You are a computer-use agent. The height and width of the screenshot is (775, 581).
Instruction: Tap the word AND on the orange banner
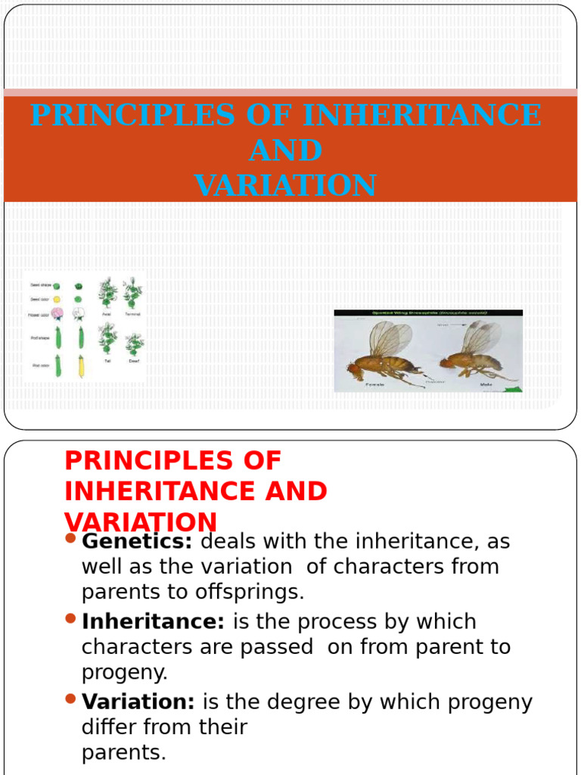click(285, 151)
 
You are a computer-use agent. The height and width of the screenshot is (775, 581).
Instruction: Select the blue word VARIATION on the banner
click(285, 185)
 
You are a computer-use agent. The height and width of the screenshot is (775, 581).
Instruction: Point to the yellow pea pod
click(79, 367)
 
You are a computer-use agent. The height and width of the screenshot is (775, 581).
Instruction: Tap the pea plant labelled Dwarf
click(134, 344)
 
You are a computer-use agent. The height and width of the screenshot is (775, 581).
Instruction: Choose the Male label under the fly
click(486, 384)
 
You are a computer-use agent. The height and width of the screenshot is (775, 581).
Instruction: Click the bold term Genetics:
click(137, 542)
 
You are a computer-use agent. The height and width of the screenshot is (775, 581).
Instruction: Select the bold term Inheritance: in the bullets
click(153, 622)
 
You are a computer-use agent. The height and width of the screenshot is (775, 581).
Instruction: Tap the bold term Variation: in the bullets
click(138, 702)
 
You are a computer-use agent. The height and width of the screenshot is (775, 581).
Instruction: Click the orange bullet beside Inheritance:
click(71, 619)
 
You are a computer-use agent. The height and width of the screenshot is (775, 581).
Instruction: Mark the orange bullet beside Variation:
click(71, 699)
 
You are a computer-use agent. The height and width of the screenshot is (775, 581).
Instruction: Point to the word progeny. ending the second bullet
click(124, 673)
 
